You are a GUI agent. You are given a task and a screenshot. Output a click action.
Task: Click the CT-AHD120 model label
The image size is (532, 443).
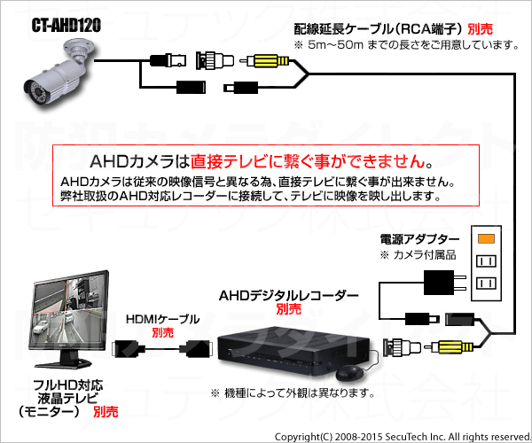(x=66, y=26)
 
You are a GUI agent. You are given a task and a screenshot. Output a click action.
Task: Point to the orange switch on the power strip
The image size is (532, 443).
(x=486, y=238)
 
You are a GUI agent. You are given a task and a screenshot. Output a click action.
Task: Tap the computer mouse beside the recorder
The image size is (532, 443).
(x=349, y=373)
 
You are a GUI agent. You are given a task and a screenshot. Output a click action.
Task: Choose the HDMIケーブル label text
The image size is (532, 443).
(x=162, y=319)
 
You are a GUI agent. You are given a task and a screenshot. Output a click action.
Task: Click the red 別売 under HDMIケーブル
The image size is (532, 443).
(x=162, y=332)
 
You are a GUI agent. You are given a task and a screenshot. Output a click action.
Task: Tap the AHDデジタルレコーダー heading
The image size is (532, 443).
(x=289, y=296)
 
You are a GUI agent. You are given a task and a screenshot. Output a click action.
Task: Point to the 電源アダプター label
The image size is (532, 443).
(x=419, y=239)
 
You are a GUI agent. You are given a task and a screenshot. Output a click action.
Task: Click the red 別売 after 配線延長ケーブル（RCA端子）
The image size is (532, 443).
(x=480, y=29)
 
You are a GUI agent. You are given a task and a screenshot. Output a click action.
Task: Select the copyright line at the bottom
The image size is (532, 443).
(x=403, y=437)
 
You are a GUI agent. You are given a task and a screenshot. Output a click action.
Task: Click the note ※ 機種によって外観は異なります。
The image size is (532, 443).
(x=293, y=392)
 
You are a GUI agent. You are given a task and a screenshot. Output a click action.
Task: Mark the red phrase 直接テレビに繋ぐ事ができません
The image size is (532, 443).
(x=308, y=161)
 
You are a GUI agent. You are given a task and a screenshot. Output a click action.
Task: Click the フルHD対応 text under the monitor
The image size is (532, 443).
(x=68, y=385)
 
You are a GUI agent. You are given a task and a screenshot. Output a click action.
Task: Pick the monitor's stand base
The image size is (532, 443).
(x=64, y=363)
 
